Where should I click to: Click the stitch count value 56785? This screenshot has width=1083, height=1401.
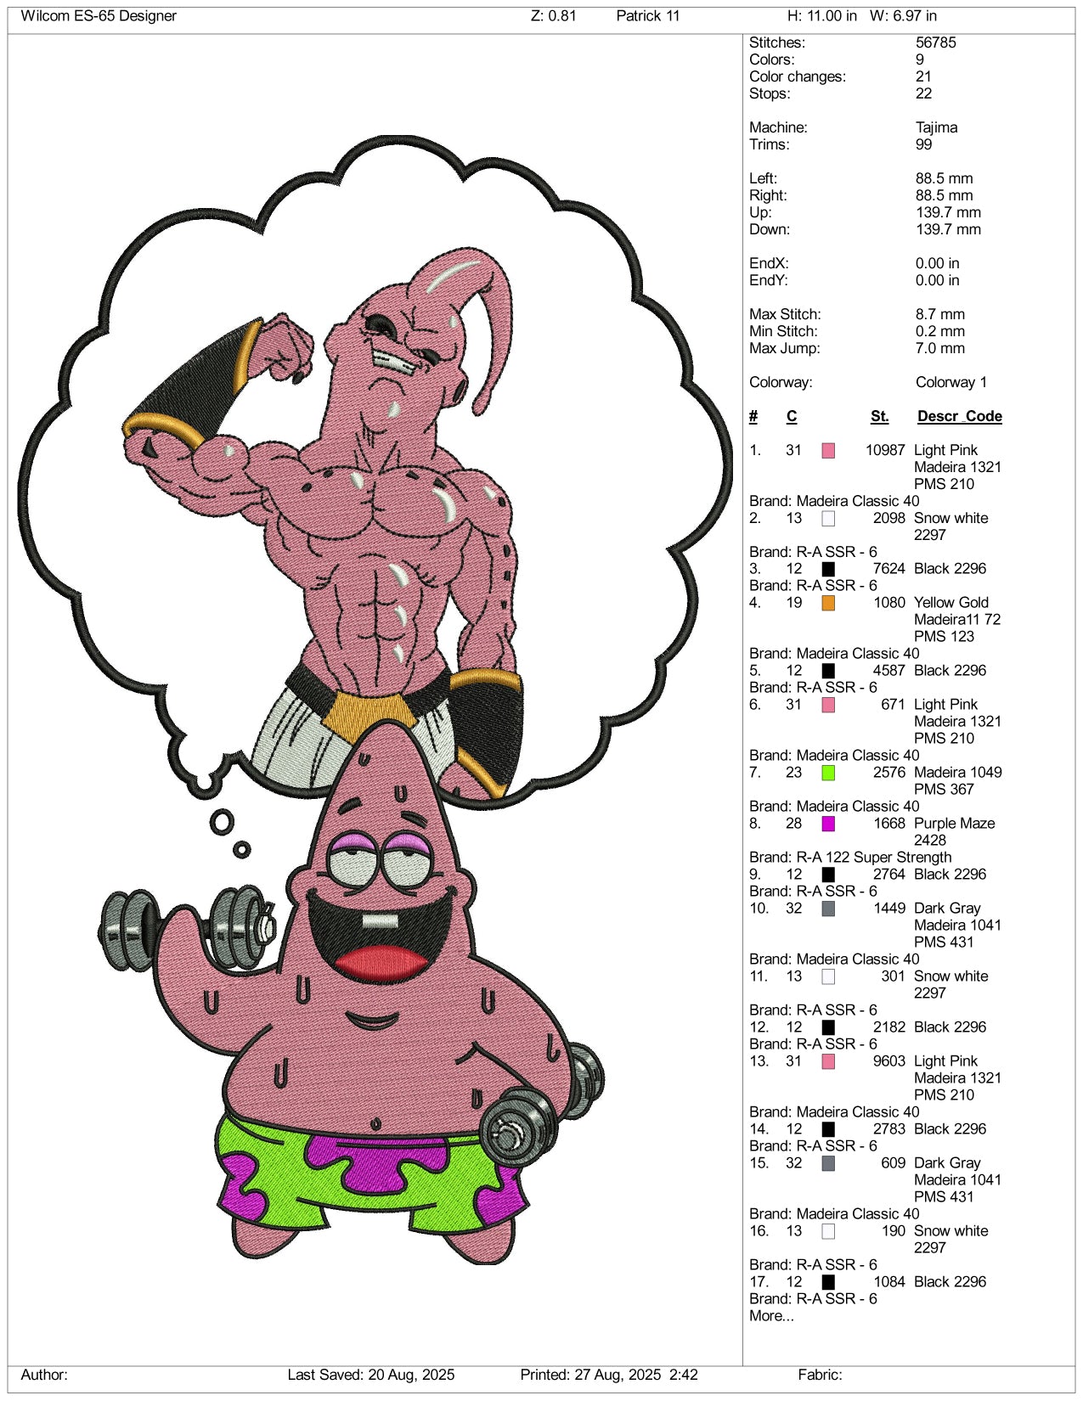(935, 42)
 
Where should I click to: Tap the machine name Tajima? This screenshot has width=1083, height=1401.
(936, 127)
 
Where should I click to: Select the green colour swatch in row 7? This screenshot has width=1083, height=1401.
(828, 773)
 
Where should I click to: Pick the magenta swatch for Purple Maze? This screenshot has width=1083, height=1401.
(828, 824)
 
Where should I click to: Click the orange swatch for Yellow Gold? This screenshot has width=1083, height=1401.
(828, 603)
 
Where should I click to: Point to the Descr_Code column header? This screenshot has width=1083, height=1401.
(960, 417)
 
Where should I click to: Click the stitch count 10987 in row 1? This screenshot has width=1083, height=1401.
(885, 450)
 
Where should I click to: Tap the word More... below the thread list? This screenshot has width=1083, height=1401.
(771, 1316)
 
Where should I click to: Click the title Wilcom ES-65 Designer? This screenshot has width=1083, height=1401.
(99, 15)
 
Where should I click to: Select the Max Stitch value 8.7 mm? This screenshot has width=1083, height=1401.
(939, 314)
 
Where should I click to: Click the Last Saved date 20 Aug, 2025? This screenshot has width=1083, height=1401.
(411, 1375)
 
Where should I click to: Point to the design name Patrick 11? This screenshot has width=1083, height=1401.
(647, 15)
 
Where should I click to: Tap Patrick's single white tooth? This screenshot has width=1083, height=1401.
(380, 920)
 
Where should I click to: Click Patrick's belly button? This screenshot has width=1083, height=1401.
(376, 1124)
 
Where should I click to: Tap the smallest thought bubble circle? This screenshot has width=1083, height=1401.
(242, 850)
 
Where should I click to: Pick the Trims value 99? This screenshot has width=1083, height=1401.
(923, 144)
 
